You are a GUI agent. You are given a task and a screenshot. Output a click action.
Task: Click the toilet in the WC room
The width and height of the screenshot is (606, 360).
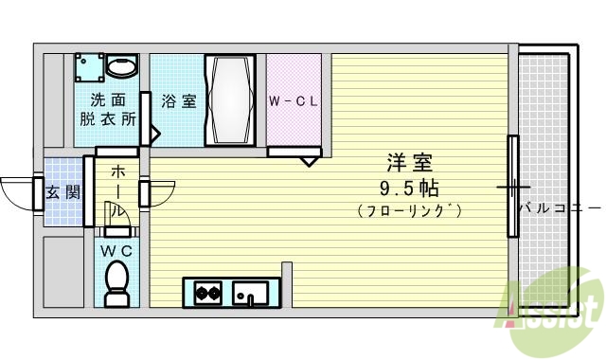[118, 281]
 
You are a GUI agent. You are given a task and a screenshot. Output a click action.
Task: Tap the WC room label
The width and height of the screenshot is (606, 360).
[118, 250]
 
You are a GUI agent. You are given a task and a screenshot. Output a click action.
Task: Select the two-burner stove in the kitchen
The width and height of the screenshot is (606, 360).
[208, 293]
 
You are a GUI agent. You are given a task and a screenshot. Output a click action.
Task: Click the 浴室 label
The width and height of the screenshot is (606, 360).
[178, 100]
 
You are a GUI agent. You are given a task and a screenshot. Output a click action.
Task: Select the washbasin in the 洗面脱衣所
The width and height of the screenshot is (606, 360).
[120, 66]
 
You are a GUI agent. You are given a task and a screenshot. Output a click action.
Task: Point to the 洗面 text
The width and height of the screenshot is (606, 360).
[108, 100]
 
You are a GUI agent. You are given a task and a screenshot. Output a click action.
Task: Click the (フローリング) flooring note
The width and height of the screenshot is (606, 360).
[410, 210]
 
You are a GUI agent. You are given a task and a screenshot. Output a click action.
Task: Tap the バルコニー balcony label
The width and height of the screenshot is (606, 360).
[560, 207]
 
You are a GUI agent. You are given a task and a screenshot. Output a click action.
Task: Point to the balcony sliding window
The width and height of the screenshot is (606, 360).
[513, 186]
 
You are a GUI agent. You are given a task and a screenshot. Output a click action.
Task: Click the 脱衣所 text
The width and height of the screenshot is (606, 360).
[108, 120]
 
